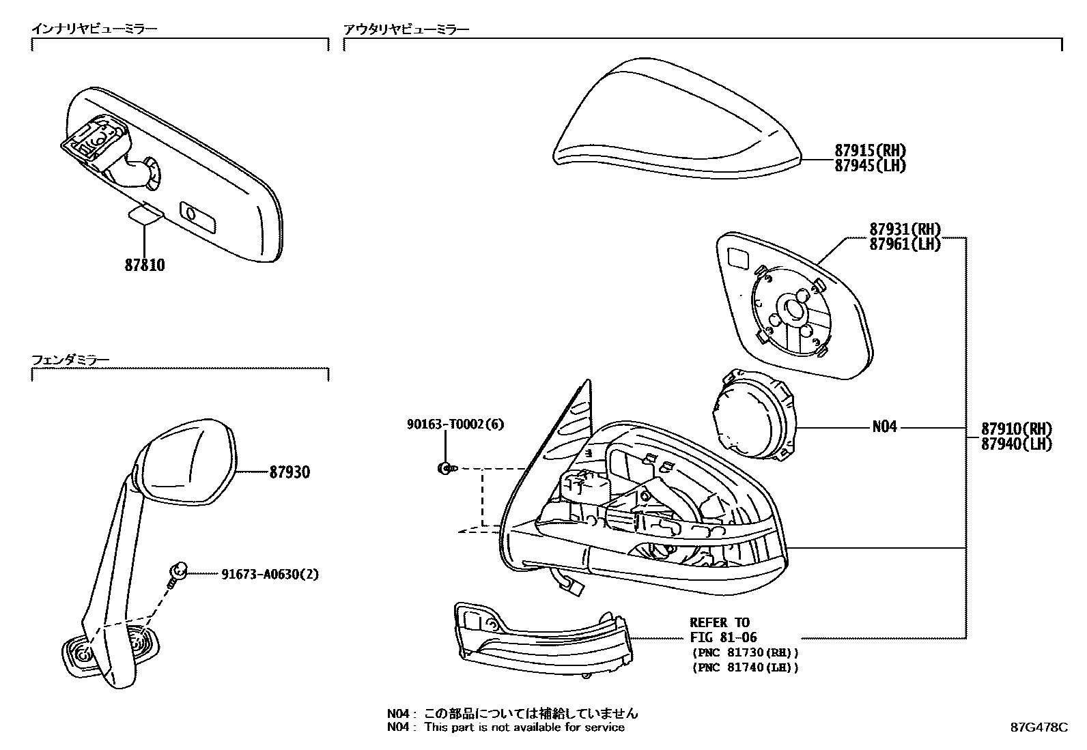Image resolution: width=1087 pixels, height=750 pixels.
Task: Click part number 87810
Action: (144, 265)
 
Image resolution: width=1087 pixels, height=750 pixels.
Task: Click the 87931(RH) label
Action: (905, 229)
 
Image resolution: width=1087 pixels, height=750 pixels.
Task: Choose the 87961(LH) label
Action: (905, 244)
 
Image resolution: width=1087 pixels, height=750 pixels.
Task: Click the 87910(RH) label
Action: (1016, 429)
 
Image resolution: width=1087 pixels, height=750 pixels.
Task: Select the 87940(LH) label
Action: (1016, 444)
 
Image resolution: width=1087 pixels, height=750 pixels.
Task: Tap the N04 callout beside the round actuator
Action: (884, 427)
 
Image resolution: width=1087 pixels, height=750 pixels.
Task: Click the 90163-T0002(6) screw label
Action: (455, 424)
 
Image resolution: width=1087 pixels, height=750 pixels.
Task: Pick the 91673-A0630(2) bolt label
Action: (270, 575)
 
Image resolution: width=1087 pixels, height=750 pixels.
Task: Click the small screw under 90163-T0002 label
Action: (444, 468)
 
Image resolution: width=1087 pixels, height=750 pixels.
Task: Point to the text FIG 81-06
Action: (722, 637)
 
